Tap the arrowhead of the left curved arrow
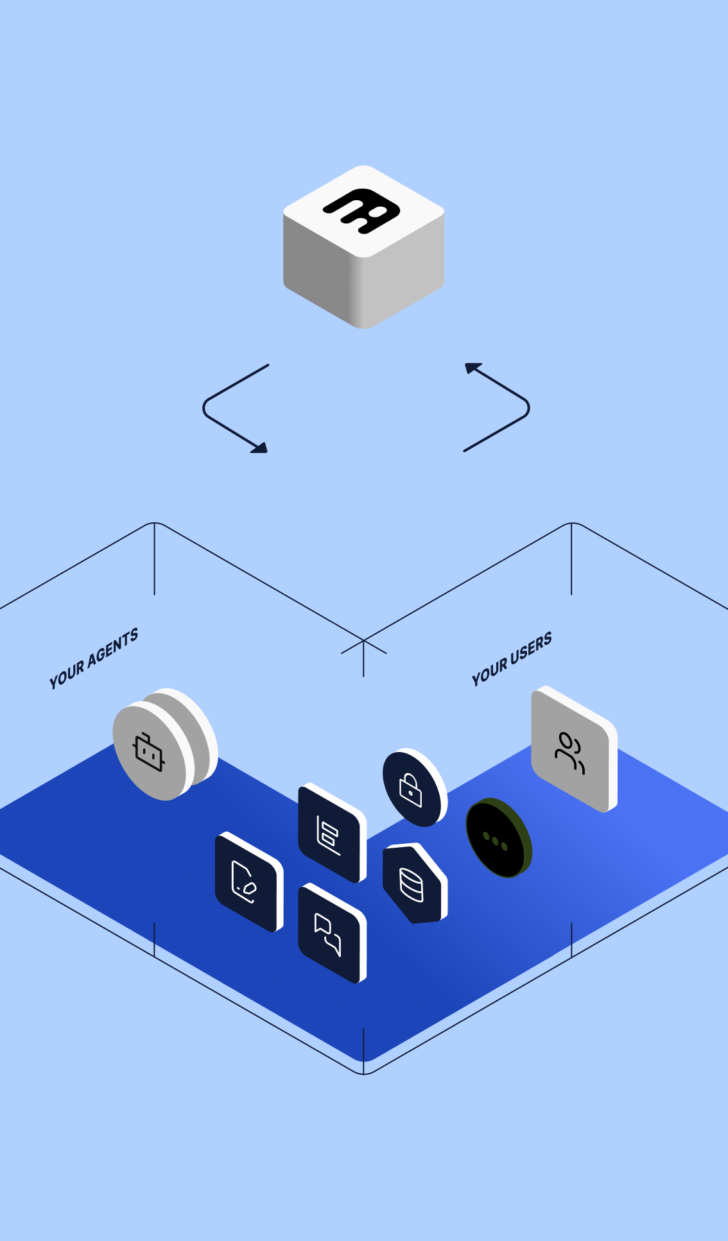click(x=261, y=447)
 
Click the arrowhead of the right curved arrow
click(x=472, y=368)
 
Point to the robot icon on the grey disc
click(x=149, y=752)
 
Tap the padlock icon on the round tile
click(x=411, y=789)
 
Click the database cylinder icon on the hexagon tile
click(x=412, y=885)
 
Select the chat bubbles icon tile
click(x=329, y=934)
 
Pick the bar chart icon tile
click(x=329, y=834)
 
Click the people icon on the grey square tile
click(x=570, y=752)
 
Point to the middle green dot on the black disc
click(x=495, y=841)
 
